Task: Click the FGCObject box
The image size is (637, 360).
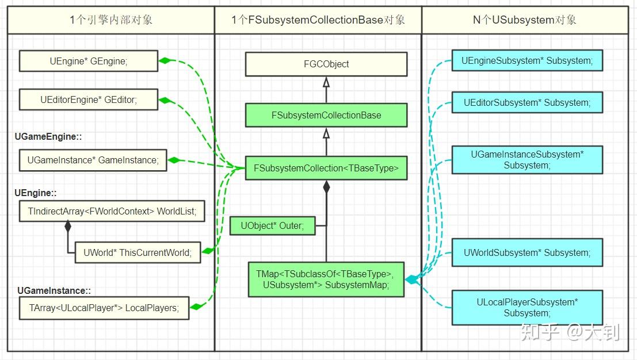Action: [326, 64]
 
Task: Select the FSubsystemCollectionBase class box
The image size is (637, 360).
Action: [326, 115]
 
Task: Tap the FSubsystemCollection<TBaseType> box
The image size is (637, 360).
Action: [326, 168]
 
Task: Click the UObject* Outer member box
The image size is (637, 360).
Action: [272, 225]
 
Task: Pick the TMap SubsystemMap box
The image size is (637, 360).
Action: [326, 279]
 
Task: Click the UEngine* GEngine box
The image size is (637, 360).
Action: [88, 61]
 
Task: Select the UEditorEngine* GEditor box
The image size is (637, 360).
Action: [88, 99]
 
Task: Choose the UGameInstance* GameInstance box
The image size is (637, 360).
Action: [93, 160]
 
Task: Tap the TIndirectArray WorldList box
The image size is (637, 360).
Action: [112, 212]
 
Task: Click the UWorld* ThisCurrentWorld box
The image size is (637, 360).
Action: [138, 252]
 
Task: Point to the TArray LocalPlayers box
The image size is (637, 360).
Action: [104, 308]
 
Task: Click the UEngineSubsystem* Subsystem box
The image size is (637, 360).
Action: [527, 60]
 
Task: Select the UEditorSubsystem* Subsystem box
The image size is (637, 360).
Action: [527, 102]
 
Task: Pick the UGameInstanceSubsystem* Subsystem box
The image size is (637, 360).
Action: [527, 160]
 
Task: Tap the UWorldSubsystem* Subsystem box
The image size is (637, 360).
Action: [527, 252]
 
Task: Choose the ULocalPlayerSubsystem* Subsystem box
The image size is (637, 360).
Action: [527, 308]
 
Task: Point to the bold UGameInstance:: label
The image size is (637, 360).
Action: [54, 291]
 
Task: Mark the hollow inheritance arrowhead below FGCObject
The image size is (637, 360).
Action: [326, 82]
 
